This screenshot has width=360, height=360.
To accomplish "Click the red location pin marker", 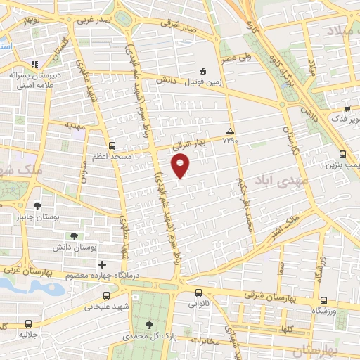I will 181,166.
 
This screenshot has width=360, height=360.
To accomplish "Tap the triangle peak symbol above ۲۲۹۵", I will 229,131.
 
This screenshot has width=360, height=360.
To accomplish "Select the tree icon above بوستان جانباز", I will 37,206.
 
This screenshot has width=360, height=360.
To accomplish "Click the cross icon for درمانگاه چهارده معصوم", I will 103,264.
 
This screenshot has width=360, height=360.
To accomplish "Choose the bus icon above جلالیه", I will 28,323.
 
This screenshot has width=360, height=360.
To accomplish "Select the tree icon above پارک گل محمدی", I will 148,324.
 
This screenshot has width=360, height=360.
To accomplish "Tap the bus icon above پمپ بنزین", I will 342,154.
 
